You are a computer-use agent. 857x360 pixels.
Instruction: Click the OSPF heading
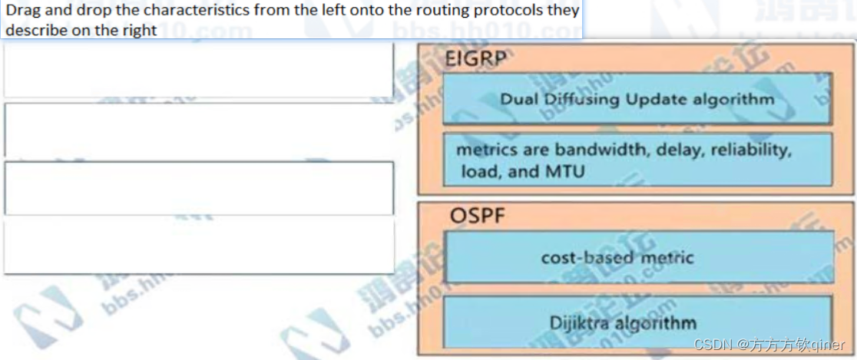[477, 216]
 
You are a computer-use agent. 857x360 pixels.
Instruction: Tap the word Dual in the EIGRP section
[519, 99]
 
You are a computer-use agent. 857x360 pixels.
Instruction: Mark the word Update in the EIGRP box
[653, 99]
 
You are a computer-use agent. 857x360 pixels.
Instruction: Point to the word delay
[680, 150]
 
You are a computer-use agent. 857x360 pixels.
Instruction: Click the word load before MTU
[478, 171]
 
